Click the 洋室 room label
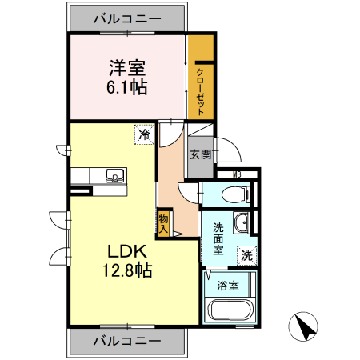[x=126, y=68]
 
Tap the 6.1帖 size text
[x=126, y=88]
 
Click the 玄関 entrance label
[x=199, y=155]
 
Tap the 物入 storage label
[x=163, y=222]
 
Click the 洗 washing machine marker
[x=247, y=256]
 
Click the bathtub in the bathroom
[x=230, y=310]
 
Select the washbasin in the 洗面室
[x=241, y=222]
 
